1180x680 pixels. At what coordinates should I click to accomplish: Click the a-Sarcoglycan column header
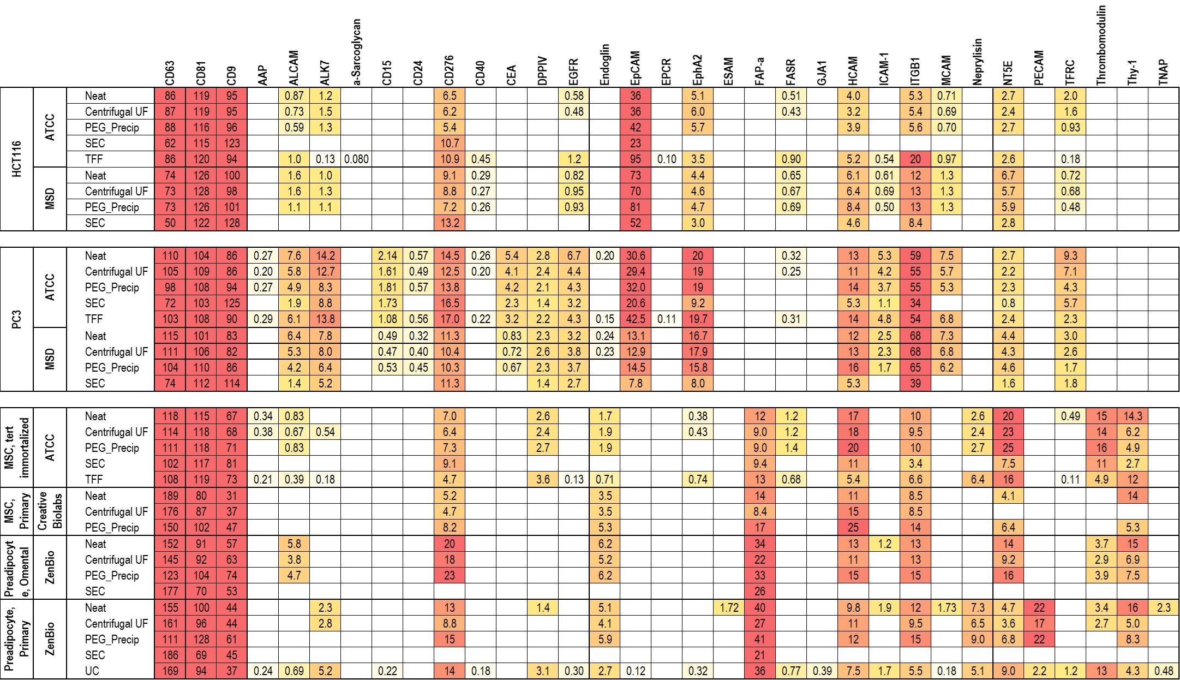pos(357,52)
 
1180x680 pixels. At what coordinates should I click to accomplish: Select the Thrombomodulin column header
pos(1101,45)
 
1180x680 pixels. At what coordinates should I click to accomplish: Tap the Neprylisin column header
pos(977,62)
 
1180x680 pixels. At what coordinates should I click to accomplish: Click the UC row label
pos(92,671)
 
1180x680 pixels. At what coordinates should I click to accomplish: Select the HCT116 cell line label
pos(17,159)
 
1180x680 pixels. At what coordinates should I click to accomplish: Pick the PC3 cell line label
pos(17,319)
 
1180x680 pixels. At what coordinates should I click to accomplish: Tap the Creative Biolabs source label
pos(50,511)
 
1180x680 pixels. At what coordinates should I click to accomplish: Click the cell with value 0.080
pos(357,159)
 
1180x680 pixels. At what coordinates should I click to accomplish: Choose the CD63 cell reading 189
pos(170,496)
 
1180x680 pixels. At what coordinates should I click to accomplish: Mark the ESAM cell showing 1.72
pos(729,607)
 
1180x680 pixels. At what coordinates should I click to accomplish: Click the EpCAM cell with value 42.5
pos(636,319)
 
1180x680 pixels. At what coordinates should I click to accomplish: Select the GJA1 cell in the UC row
pos(822,671)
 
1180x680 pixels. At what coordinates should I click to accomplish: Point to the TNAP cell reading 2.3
pos(1164,607)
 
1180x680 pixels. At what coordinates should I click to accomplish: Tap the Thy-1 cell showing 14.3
pos(1133,416)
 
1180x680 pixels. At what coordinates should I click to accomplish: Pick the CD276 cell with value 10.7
pos(450,144)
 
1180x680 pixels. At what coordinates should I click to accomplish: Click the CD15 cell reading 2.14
pos(387,256)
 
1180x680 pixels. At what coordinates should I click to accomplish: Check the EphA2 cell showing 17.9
pos(698,351)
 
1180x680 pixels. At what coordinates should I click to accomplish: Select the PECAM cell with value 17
pos(1039,623)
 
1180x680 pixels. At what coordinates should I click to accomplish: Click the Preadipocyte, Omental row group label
pos(17,568)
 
